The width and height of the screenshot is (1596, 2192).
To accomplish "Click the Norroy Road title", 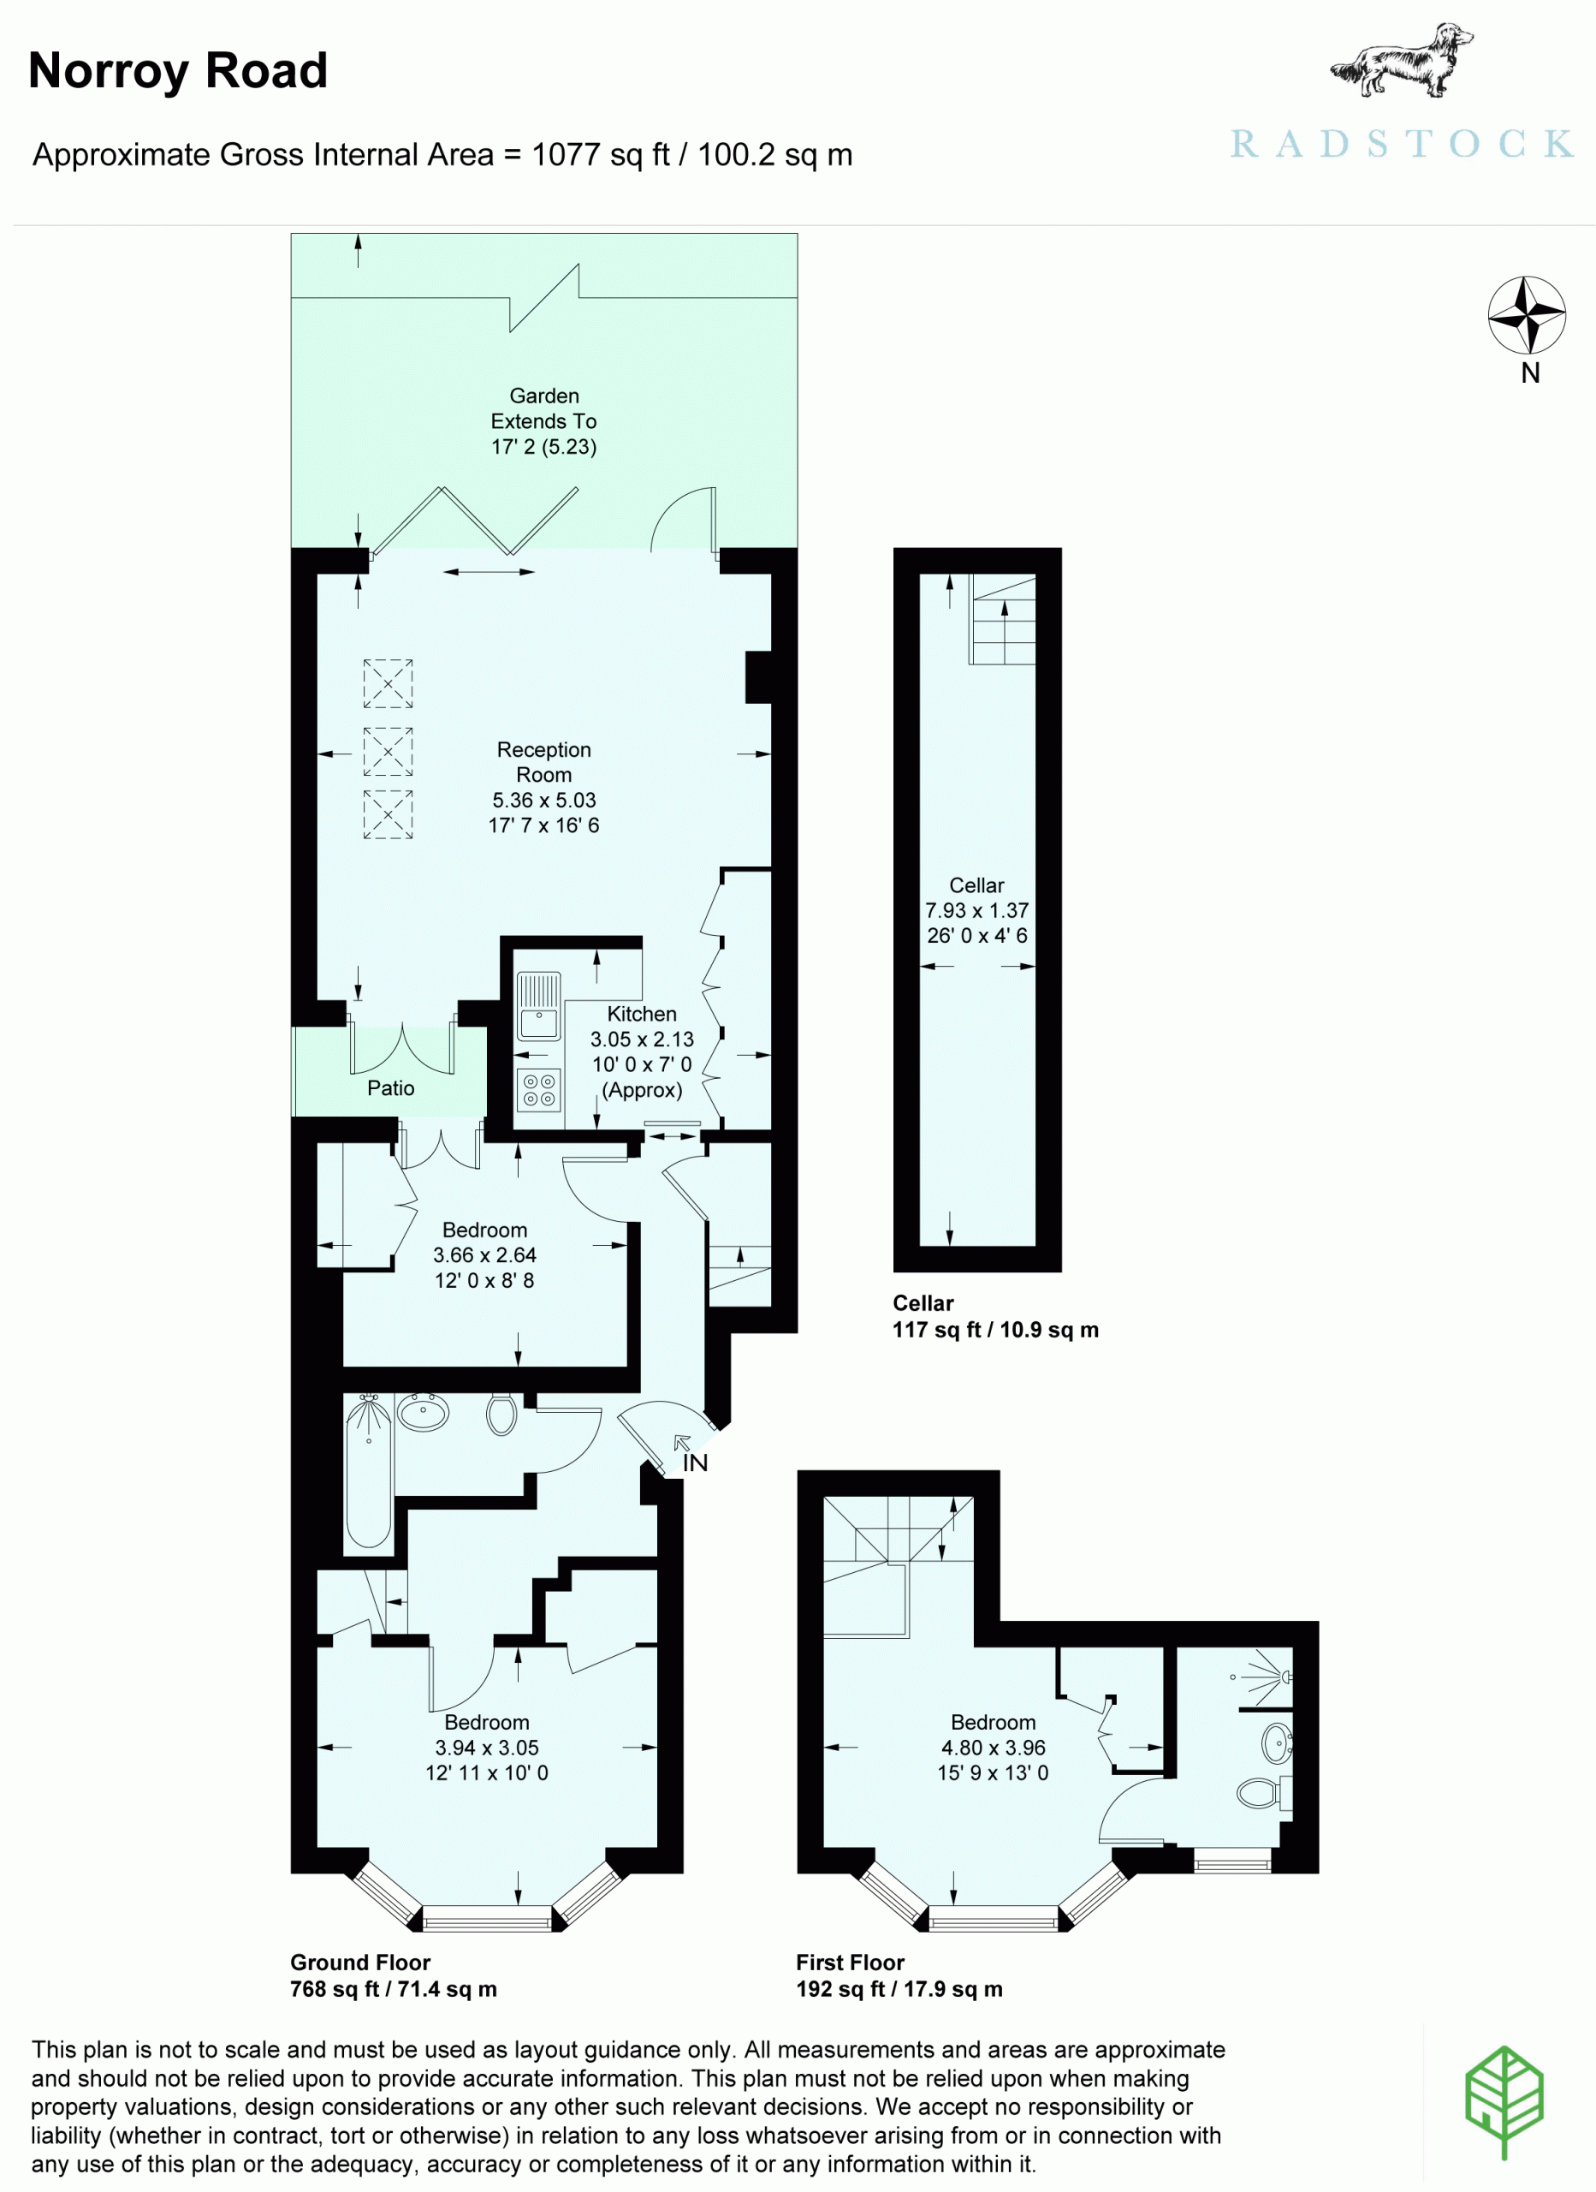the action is [178, 70].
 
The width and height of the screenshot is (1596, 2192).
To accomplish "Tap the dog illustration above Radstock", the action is [1402, 60].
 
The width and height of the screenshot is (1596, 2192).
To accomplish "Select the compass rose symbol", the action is [1527, 315].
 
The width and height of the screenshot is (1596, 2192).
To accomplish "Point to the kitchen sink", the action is [538, 1005].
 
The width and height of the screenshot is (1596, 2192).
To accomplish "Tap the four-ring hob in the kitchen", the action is [539, 1090].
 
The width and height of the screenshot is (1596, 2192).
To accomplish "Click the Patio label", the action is [390, 1088].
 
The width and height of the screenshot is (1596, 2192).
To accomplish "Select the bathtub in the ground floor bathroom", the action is [368, 1470].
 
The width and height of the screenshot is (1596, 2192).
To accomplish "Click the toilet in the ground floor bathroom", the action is [501, 1413].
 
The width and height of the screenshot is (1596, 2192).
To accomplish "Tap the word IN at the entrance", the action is [695, 1463].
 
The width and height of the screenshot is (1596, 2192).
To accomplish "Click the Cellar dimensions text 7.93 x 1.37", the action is [976, 910].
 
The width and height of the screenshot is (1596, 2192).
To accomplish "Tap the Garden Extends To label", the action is [544, 408].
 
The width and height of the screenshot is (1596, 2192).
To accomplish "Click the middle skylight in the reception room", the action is [389, 752].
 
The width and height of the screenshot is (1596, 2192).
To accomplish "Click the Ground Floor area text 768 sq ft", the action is [393, 1989].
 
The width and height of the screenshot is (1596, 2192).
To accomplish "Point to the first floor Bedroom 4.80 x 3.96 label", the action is [994, 1735].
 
